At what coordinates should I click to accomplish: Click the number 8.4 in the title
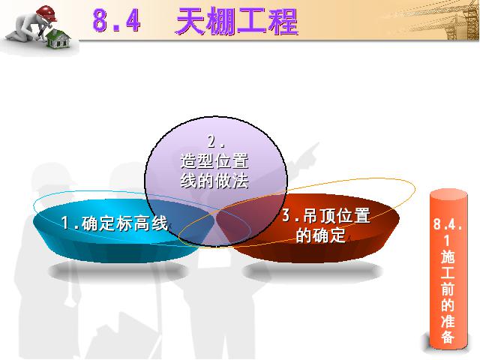click(x=116, y=21)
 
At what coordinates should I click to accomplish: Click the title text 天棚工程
click(x=237, y=22)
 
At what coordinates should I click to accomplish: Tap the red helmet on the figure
click(x=46, y=13)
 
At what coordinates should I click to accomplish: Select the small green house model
click(x=58, y=39)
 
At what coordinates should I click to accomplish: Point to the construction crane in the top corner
click(x=450, y=20)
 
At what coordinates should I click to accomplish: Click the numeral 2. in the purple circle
click(x=216, y=142)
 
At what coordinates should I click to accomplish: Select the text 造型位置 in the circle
click(x=214, y=161)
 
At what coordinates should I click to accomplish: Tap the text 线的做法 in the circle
click(x=214, y=181)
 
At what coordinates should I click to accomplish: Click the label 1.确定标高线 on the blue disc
click(x=115, y=223)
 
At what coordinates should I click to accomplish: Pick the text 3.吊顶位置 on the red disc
click(x=325, y=215)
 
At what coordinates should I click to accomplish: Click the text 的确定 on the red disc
click(x=321, y=235)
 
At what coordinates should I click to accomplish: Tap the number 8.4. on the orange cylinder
click(x=448, y=224)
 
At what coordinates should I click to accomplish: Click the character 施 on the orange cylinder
click(x=448, y=256)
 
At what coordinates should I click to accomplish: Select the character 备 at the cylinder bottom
click(x=448, y=336)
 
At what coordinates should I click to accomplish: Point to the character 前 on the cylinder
click(x=448, y=288)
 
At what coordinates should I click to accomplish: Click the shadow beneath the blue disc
click(x=118, y=271)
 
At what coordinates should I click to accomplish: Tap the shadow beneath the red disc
click(x=313, y=271)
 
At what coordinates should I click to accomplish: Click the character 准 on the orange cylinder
click(x=448, y=320)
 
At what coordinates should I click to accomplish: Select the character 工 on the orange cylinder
click(x=448, y=272)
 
